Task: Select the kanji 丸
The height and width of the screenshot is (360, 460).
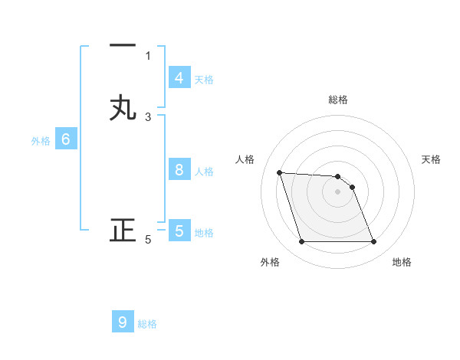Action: [123, 108]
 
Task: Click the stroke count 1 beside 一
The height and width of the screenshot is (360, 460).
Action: [148, 55]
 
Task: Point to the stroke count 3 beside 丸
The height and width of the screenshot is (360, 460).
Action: [148, 117]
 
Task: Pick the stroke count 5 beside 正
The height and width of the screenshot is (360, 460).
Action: [148, 240]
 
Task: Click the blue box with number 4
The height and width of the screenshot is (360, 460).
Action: [179, 78]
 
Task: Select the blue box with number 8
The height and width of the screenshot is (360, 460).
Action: [179, 170]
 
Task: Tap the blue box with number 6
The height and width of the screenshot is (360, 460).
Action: [66, 139]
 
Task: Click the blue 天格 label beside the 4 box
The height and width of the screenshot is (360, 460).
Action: [204, 79]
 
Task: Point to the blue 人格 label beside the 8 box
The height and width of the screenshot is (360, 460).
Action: [204, 171]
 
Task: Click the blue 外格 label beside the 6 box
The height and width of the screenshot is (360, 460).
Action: [41, 140]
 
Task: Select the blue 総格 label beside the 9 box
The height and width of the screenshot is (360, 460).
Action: [147, 323]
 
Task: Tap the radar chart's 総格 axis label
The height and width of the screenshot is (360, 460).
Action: [338, 100]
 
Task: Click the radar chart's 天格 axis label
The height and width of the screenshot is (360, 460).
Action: [432, 159]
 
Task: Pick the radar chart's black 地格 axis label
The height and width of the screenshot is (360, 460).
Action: [402, 262]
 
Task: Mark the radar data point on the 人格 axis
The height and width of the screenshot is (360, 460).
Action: [279, 172]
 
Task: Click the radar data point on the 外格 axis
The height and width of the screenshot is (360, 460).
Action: [301, 242]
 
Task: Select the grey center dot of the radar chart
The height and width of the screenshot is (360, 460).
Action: [338, 192]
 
